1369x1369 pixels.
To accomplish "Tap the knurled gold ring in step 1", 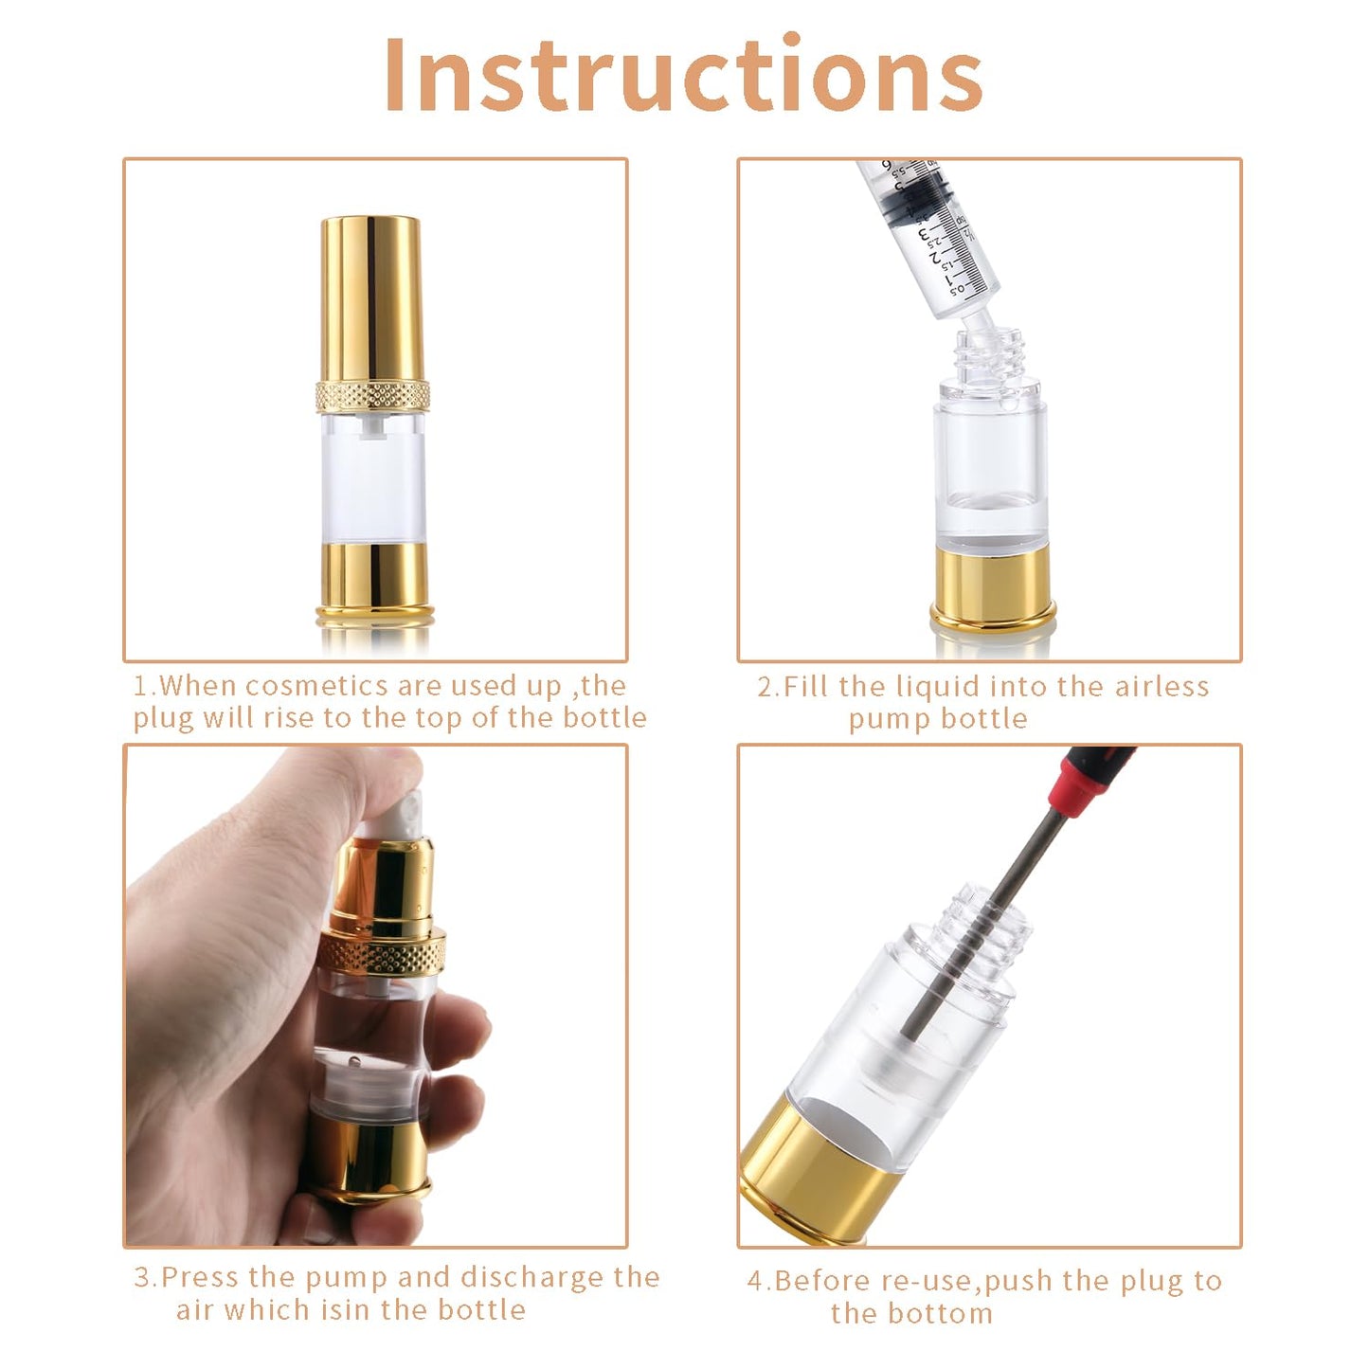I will [x=373, y=395].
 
